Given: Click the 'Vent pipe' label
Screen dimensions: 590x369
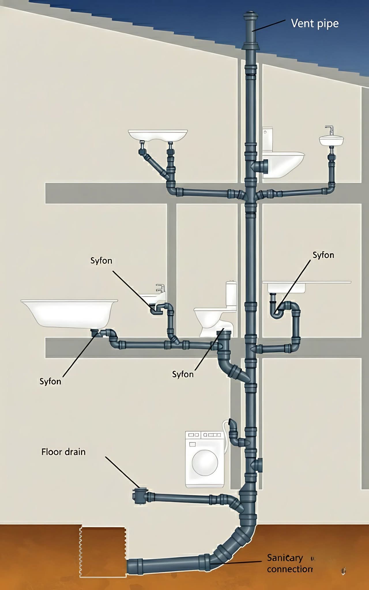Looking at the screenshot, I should [x=315, y=23].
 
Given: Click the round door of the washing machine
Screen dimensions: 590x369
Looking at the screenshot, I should [x=205, y=463].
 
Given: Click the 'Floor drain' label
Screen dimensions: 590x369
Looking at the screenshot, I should [x=63, y=452].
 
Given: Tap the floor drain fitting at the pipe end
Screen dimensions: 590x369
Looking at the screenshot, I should [x=141, y=496].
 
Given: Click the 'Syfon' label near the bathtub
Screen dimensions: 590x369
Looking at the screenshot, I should [x=50, y=381].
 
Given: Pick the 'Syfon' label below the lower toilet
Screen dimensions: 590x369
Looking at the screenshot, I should [x=183, y=374].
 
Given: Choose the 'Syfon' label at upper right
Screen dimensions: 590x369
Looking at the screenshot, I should [x=323, y=255].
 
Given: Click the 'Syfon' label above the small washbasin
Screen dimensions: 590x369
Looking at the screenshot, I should [x=101, y=260].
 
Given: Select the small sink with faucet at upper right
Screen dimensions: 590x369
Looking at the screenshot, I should [x=331, y=139].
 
